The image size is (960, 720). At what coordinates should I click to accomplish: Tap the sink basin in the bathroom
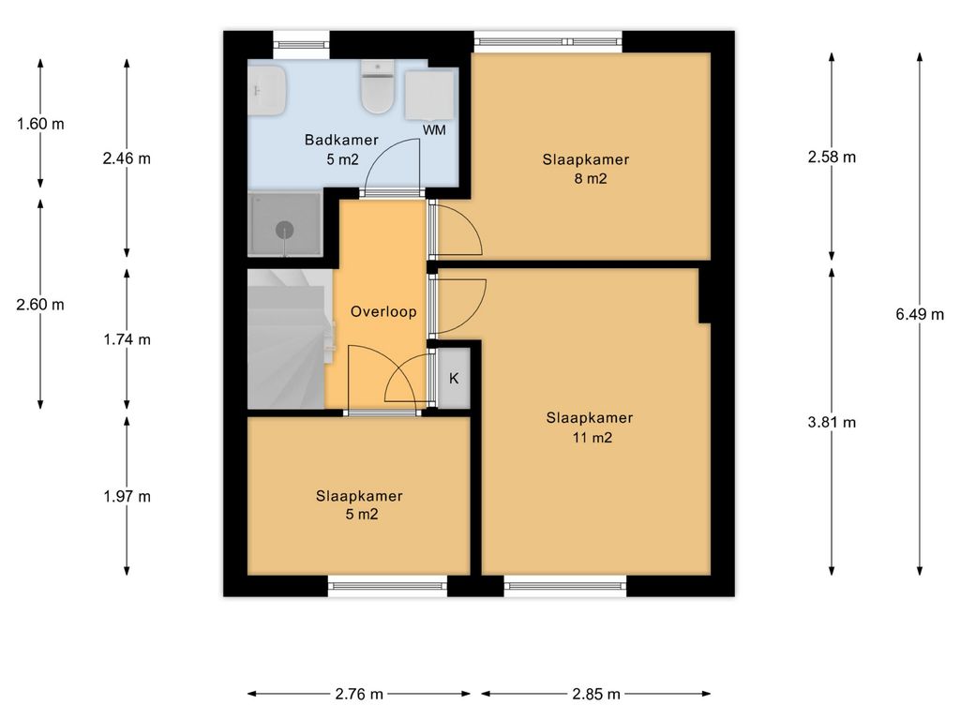point(267,91)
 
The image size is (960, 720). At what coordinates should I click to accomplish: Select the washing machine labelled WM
point(429,96)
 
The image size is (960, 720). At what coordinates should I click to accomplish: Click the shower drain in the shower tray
point(285,231)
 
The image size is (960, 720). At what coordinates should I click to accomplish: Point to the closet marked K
point(454,378)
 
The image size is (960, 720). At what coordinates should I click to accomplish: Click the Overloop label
point(383,311)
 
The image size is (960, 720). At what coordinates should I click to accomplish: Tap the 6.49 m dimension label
point(920,314)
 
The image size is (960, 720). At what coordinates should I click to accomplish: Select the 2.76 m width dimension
point(359,694)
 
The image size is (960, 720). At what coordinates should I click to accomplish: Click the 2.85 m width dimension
point(595,694)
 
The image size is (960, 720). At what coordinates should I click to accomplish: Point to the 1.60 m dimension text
point(40,124)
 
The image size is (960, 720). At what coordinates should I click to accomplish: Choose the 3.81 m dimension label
point(832,422)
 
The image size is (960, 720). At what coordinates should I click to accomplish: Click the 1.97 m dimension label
point(127,496)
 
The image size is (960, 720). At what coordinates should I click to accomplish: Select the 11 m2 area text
point(592,437)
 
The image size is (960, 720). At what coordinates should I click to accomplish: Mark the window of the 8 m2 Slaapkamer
point(548,41)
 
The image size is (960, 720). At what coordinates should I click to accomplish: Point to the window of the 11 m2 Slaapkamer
point(565,586)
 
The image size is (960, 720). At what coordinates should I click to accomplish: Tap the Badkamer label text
point(341,141)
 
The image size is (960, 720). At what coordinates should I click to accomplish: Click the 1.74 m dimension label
point(127,339)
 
